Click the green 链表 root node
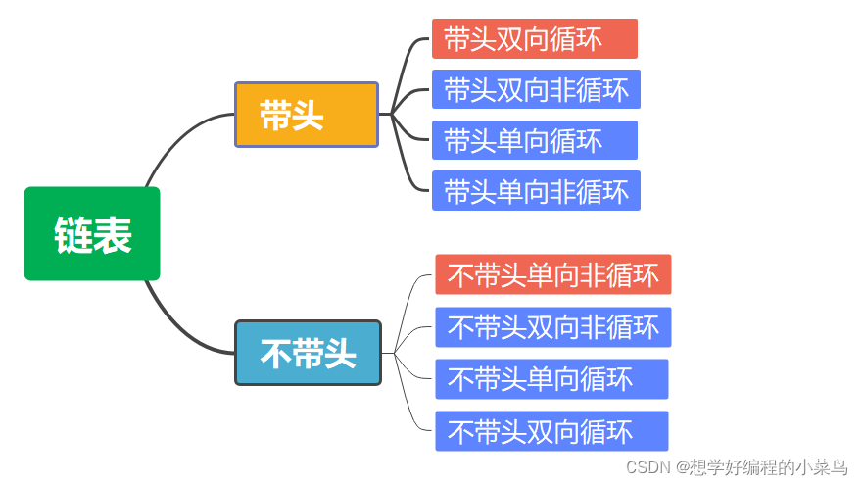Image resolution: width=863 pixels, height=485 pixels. pos(92,234)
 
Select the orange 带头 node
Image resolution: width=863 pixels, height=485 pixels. pos(306,115)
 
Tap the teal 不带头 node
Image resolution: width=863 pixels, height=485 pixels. pos(308,353)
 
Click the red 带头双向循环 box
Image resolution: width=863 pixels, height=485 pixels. pos(534,38)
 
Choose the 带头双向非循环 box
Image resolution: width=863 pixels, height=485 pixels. pos(536,89)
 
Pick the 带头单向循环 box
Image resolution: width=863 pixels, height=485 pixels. pos(534,140)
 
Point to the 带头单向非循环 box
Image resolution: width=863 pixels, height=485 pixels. pos(536,190)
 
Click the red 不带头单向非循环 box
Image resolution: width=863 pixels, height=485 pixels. pos(552,274)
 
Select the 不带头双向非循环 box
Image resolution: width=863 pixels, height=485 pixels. pos(552,326)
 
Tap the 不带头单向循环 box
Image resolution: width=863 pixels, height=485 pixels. pos(551,378)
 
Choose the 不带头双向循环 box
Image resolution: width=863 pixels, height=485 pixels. pos(551,430)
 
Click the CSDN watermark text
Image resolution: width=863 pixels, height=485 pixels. pos(736,467)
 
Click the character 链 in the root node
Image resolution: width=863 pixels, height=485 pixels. pos(73,235)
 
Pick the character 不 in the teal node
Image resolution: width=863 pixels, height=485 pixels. pos(275,354)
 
